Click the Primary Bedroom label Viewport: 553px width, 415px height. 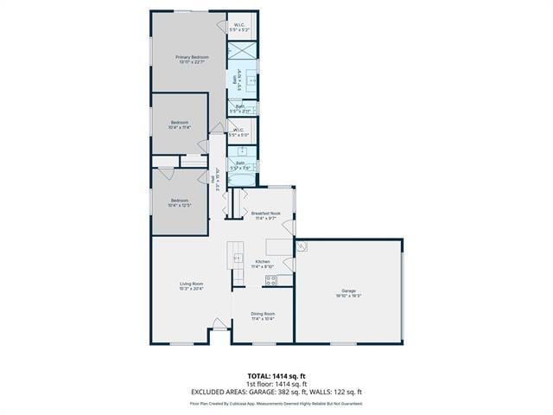pos(193,59)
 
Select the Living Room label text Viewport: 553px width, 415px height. pos(191,286)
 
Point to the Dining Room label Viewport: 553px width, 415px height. pos(263,316)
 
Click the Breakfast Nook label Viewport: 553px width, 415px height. pos(265,215)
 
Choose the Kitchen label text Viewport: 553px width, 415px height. pos(262,264)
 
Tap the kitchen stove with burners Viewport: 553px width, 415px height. pos(283,279)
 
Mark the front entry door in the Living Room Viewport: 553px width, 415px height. pos(219,325)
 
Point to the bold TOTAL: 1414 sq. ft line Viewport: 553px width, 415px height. pos(276,376)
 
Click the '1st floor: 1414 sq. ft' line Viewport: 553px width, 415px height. pos(276,384)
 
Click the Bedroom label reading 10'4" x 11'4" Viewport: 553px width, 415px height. pos(179,124)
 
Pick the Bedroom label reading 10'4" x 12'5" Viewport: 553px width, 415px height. pos(179,202)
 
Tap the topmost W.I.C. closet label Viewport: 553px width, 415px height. pos(239,28)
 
